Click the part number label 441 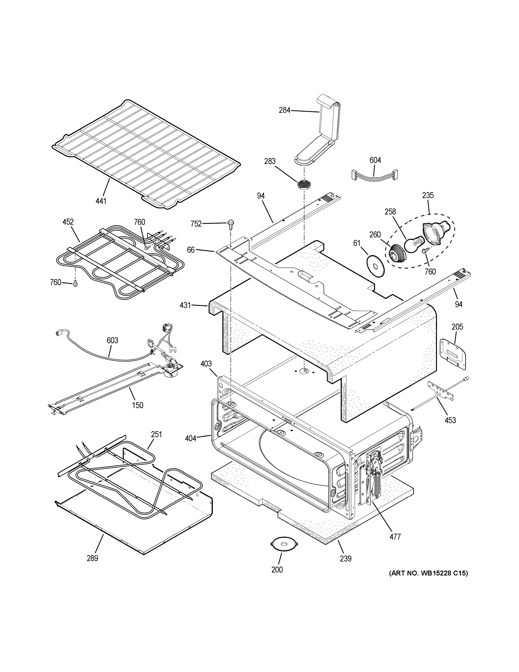tap(101, 201)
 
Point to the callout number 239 tap(346, 558)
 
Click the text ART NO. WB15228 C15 tap(428, 573)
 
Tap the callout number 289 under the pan tap(92, 558)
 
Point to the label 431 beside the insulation tap(185, 305)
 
